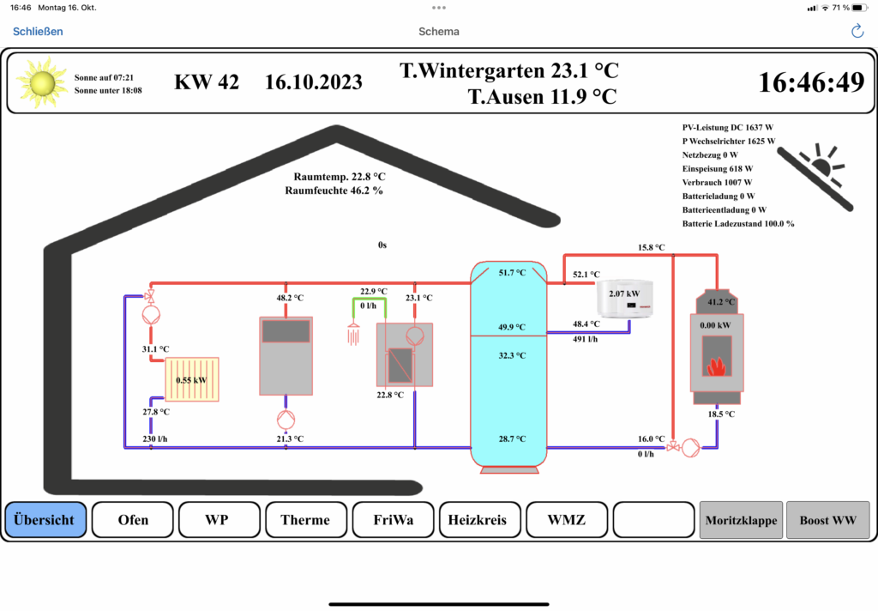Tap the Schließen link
click(x=38, y=32)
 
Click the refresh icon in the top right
click(x=857, y=32)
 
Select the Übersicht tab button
click(x=45, y=520)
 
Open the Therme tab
click(x=304, y=520)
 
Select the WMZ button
click(x=566, y=520)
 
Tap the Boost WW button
click(x=827, y=520)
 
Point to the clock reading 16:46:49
click(x=811, y=82)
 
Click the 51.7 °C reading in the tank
click(x=511, y=273)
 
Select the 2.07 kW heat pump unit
click(x=624, y=297)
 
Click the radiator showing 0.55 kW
click(x=192, y=379)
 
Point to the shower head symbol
click(x=352, y=333)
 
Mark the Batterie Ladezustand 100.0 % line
click(x=738, y=224)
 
